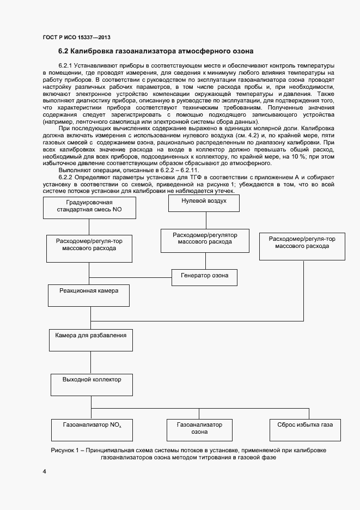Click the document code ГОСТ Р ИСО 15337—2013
(x=76, y=37)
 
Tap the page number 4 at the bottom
(x=44, y=471)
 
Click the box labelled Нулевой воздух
(x=204, y=204)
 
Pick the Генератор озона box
(x=204, y=276)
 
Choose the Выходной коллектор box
(x=91, y=384)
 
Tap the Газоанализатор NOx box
(x=91, y=429)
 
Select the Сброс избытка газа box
(x=305, y=429)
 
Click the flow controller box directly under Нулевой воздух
(x=205, y=241)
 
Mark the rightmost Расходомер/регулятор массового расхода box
(x=302, y=246)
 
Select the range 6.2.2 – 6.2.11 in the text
(x=180, y=171)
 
